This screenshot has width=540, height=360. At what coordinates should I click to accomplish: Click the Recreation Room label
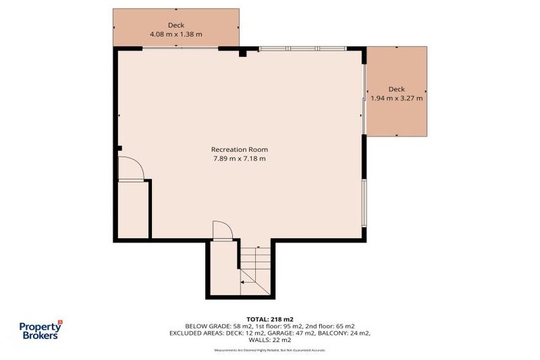tap(239, 149)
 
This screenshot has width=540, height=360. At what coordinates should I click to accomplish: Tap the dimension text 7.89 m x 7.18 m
tap(239, 159)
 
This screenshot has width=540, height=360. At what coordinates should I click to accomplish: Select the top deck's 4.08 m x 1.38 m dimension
tap(176, 34)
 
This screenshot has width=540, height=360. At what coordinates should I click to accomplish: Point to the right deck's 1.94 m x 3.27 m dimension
tap(397, 98)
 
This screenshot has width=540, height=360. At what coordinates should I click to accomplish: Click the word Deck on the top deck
tap(176, 25)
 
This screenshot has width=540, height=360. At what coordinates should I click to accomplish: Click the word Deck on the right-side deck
tap(397, 89)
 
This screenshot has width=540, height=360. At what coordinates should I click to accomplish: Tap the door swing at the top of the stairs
tap(221, 231)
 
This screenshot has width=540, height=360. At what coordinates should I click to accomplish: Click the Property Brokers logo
tap(39, 330)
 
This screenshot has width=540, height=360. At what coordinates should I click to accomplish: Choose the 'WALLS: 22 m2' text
tap(270, 340)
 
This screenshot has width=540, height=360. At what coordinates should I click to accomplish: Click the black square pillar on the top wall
tap(242, 52)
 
